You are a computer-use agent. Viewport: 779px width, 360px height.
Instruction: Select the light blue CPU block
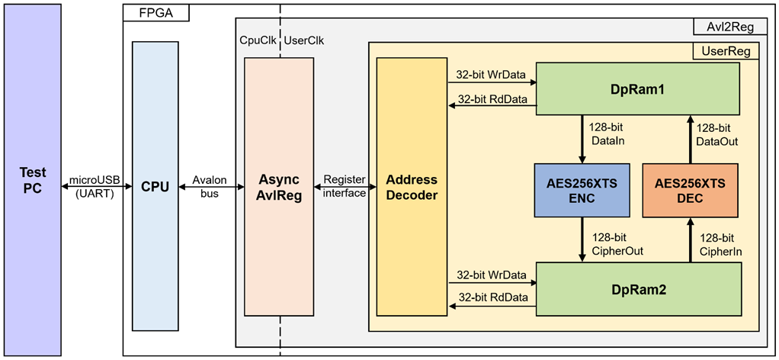click(x=155, y=186)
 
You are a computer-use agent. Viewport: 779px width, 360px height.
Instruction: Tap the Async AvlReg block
click(x=279, y=186)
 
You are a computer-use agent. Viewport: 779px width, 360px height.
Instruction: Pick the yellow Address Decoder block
click(x=412, y=186)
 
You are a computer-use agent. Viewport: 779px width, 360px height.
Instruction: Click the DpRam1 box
click(x=638, y=88)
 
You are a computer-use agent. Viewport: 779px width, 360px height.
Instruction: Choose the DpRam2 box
click(x=639, y=289)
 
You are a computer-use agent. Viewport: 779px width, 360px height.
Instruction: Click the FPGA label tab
click(x=156, y=13)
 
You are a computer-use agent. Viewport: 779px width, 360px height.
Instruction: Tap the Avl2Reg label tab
click(x=729, y=27)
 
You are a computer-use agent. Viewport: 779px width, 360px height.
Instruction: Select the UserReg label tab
click(x=726, y=50)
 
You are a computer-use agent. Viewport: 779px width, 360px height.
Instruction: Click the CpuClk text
click(x=258, y=40)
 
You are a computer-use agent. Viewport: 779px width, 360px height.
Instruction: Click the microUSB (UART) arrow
click(x=96, y=186)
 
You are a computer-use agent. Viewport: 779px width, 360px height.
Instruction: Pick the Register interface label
click(x=345, y=186)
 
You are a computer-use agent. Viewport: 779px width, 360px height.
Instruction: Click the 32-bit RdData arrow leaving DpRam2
click(x=492, y=306)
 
